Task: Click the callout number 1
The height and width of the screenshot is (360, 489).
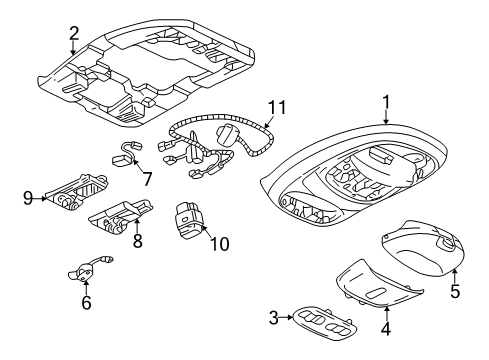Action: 386,102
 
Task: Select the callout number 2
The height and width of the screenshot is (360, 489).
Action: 74,33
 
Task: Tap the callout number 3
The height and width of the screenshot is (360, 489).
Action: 273,318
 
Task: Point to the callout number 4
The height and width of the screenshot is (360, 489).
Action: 386,328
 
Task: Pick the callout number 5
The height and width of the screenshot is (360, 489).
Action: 455,291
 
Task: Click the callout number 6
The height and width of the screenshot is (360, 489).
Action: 86,303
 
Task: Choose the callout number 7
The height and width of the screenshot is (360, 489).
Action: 147,179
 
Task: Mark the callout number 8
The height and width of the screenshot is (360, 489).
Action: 138,241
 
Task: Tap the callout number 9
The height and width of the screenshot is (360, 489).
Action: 28,198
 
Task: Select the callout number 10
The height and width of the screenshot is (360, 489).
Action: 220,244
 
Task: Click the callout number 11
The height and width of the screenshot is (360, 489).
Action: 277,107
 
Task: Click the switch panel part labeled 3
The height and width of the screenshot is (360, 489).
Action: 324,323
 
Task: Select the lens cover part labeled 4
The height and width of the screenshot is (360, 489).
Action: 379,283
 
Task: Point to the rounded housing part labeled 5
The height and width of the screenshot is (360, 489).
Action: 422,248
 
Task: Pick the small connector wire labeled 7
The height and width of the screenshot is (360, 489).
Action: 127,154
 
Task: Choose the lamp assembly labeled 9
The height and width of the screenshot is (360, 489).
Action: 77,193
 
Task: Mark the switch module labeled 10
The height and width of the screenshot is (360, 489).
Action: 188,220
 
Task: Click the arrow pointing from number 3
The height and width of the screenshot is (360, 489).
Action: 286,318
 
